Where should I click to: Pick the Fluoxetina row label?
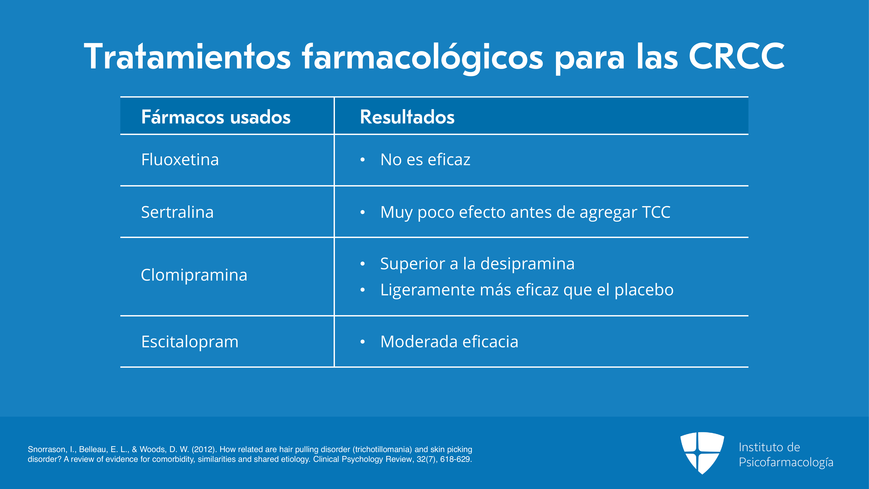(180, 159)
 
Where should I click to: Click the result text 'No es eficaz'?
(425, 159)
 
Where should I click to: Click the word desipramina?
(527, 264)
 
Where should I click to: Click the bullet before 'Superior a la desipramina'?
(363, 264)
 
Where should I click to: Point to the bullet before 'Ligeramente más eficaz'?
(363, 290)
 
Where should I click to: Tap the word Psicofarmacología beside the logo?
(786, 462)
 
